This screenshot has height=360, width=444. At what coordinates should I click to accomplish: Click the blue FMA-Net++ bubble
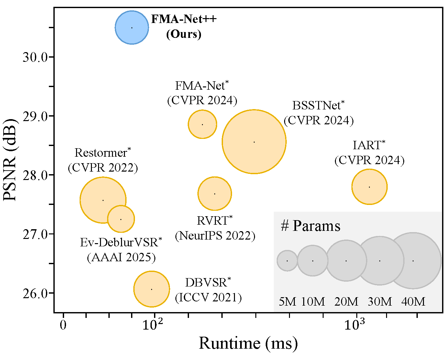[x=132, y=28]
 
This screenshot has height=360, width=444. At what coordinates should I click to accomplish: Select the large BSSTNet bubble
[x=254, y=142]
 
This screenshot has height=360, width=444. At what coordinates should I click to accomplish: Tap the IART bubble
[x=369, y=187]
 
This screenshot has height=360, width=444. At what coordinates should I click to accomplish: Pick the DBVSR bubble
[x=151, y=289]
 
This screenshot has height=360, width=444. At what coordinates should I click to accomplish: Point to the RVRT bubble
[x=215, y=194]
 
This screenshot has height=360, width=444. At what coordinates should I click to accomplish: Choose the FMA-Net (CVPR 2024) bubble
[x=202, y=124]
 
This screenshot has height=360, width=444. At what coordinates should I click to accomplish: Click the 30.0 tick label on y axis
[x=35, y=57]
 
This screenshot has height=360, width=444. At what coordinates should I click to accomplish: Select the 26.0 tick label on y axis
[x=35, y=293]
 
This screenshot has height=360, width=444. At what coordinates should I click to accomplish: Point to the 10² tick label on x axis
[x=153, y=324]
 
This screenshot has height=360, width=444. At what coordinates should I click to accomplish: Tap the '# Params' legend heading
[x=310, y=226]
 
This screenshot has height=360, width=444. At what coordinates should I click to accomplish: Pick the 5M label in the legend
[x=287, y=302]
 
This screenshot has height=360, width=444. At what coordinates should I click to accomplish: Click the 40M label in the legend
[x=413, y=302]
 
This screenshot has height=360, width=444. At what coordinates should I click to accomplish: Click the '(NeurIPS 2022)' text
[x=215, y=236]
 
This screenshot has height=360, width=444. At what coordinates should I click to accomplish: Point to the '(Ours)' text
[x=184, y=34]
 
